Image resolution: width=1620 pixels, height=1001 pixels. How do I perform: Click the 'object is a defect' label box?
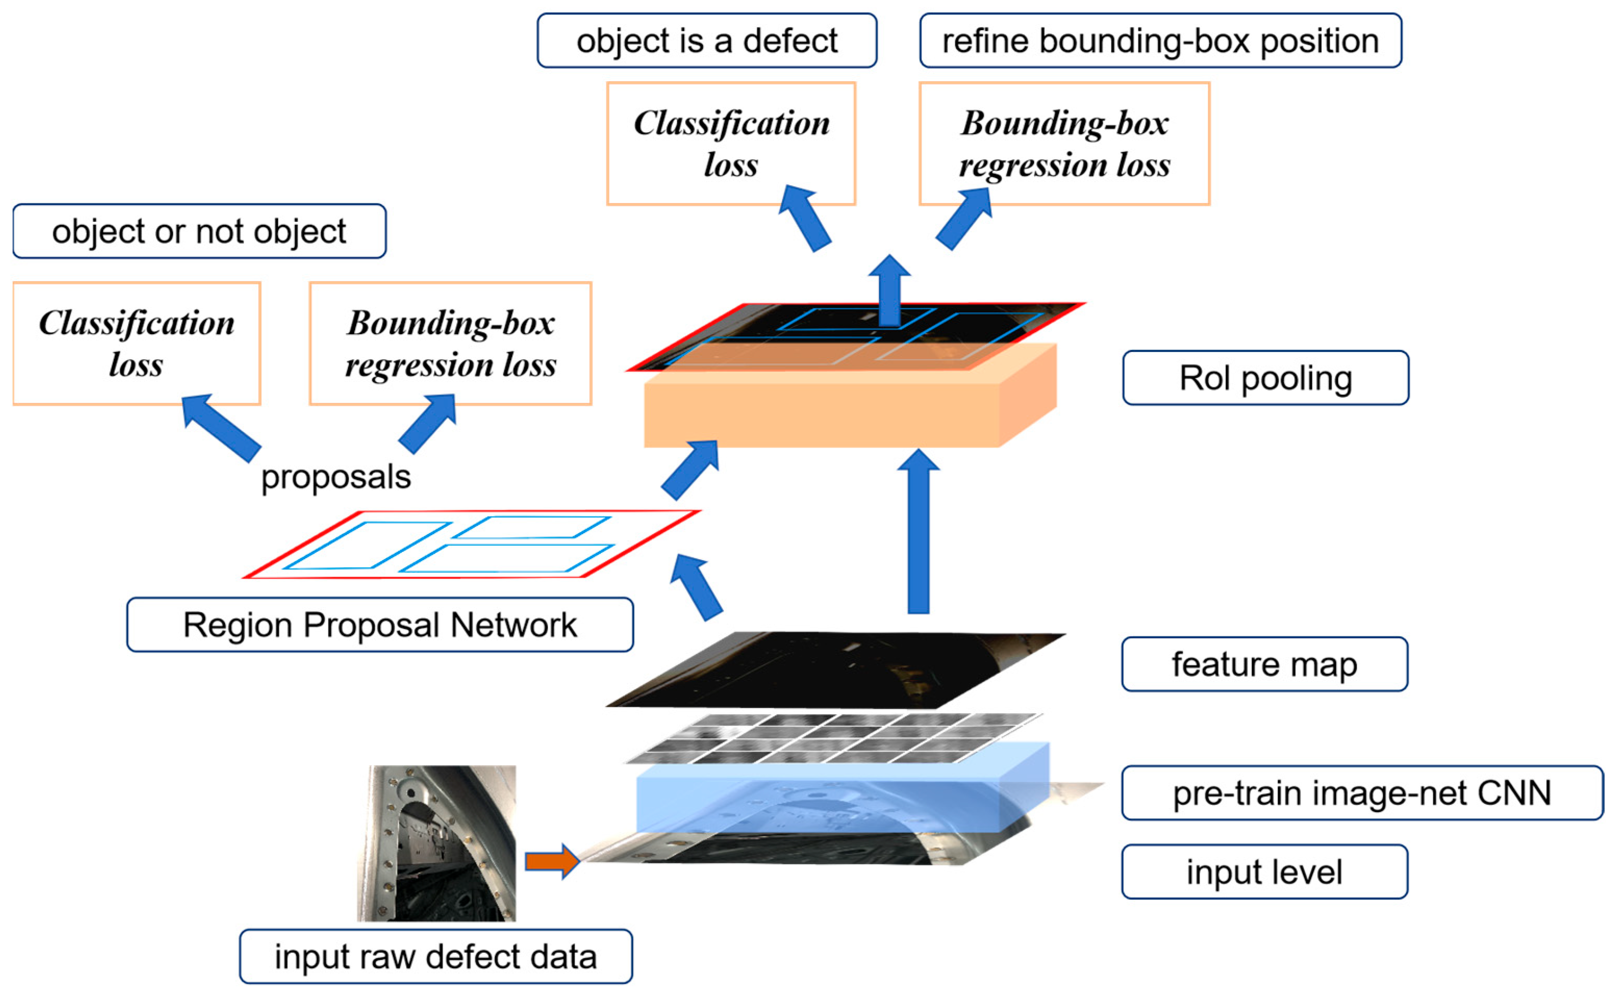point(706,41)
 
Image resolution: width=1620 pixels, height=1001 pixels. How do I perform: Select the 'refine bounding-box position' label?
point(1160,41)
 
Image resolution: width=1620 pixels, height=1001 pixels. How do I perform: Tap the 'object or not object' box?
point(199,231)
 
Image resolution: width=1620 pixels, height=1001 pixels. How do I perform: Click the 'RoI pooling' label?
point(1265,378)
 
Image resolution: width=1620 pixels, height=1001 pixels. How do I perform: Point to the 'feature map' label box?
point(1264,664)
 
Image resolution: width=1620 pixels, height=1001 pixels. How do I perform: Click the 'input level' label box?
point(1264,871)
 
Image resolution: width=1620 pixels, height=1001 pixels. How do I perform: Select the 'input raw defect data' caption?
point(436,956)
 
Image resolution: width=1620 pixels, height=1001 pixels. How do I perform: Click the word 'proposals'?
point(336,477)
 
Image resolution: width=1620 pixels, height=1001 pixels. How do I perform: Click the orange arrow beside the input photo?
point(551,860)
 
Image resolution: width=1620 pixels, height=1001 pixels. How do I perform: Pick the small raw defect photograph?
point(437,842)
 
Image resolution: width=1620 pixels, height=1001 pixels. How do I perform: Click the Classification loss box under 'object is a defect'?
point(731,143)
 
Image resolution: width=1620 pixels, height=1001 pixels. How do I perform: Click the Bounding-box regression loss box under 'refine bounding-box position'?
point(1064,143)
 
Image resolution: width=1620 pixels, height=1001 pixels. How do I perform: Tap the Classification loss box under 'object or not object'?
point(136,343)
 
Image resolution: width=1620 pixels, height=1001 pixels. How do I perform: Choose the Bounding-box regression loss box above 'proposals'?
point(450,343)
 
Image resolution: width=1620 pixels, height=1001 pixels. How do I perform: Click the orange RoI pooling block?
point(821,411)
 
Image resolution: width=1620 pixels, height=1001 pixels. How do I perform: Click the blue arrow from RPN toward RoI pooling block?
point(690,470)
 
